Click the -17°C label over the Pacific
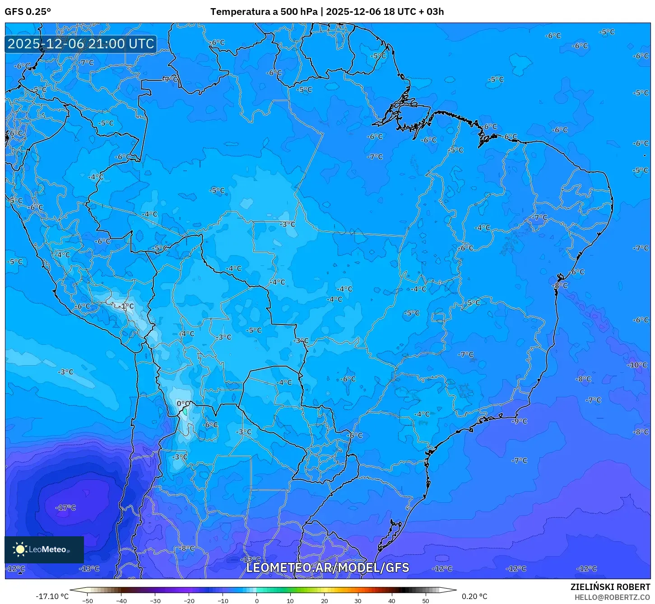pyautogui.click(x=66, y=508)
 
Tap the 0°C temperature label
pyautogui.click(x=183, y=404)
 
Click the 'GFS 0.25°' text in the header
pyautogui.click(x=28, y=12)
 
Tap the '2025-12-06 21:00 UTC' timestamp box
pyautogui.click(x=81, y=44)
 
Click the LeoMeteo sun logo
pyautogui.click(x=20, y=549)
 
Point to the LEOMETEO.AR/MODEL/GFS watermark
pyautogui.click(x=327, y=567)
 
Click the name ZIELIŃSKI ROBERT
pyautogui.click(x=610, y=587)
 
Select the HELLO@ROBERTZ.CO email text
pyautogui.click(x=612, y=597)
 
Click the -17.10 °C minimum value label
pyautogui.click(x=52, y=596)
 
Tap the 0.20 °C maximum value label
pyautogui.click(x=474, y=596)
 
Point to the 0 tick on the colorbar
pyautogui.click(x=256, y=601)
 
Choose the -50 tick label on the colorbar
pyautogui.click(x=88, y=601)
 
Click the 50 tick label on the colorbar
pyautogui.click(x=426, y=601)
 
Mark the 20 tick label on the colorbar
pyautogui.click(x=324, y=601)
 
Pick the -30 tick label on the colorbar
pyautogui.click(x=155, y=601)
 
